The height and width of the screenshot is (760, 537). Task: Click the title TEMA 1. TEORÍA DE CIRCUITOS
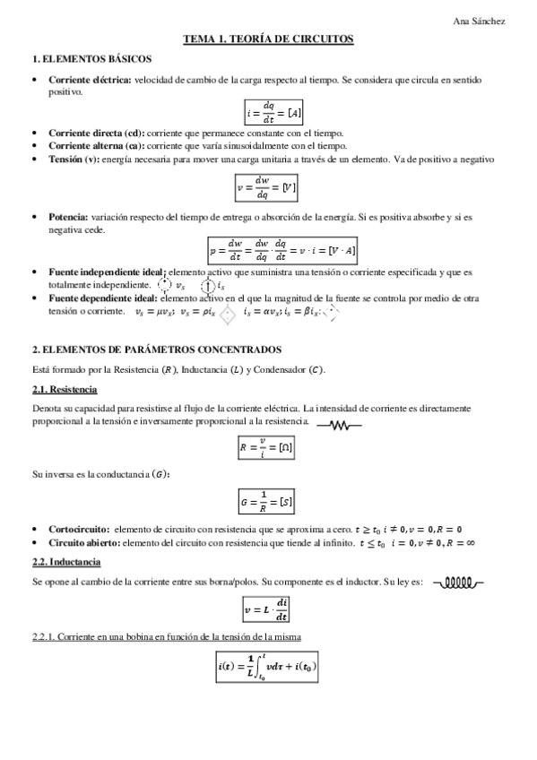coord(268,39)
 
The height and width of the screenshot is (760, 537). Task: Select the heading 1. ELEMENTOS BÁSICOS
coord(78,59)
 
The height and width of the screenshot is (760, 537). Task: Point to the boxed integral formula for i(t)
coord(267,668)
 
